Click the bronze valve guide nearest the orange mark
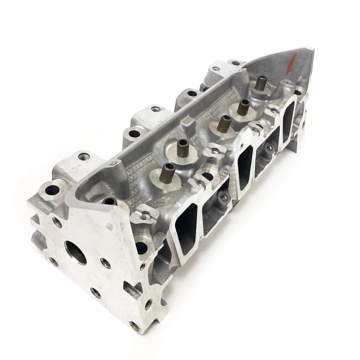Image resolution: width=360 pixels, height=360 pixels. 261,82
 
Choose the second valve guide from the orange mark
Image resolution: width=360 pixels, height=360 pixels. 243,106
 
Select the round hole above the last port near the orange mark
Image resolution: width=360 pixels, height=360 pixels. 297,91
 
